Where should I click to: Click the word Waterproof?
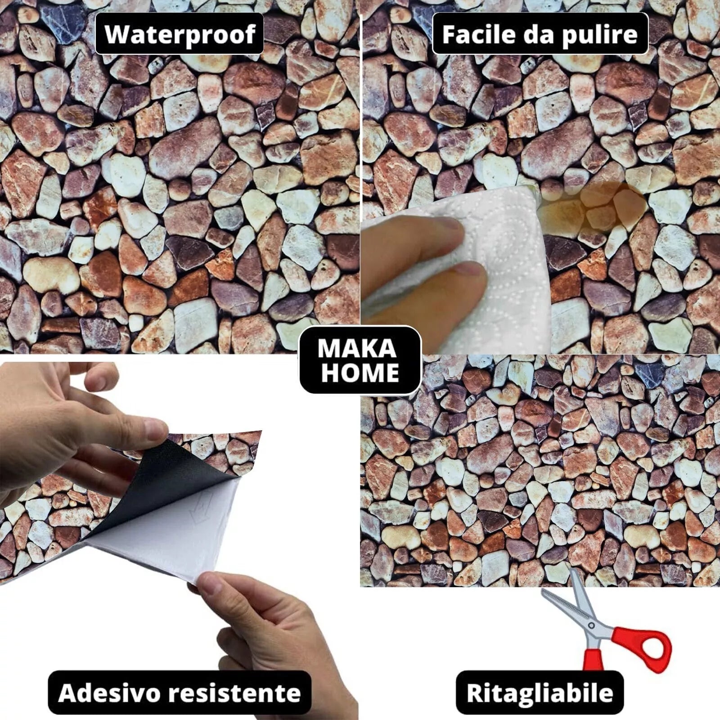coord(180,34)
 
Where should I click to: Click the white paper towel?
coord(459,265)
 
